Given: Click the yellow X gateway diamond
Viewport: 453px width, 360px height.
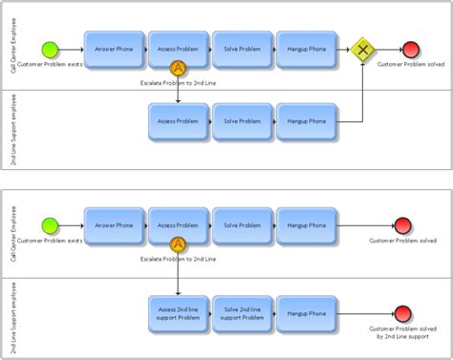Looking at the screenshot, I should (362, 49).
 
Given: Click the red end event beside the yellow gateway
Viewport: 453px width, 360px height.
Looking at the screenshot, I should (411, 49).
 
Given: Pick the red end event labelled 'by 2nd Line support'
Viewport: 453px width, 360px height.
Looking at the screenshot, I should (403, 313).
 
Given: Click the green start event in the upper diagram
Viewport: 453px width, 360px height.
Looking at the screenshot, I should (51, 49).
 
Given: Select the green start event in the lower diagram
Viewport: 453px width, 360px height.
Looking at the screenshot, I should (51, 225).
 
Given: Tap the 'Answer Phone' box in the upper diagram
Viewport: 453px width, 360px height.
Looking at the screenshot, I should (113, 49).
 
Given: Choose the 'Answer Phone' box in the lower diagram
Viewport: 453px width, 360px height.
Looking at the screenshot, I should (113, 225).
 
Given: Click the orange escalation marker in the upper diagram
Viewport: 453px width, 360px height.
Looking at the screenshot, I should (177, 68).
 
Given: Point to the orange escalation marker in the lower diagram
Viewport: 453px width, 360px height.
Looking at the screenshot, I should (177, 244).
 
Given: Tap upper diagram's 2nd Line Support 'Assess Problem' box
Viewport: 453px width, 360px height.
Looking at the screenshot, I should (177, 121).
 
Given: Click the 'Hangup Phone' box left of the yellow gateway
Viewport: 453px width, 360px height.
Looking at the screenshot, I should (305, 49).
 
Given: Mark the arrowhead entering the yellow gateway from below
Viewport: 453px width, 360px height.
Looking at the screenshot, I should (362, 64).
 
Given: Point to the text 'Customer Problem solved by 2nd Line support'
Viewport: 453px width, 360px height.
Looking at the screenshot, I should (403, 333).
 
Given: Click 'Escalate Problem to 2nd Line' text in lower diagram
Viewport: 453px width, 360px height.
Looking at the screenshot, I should (178, 260).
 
